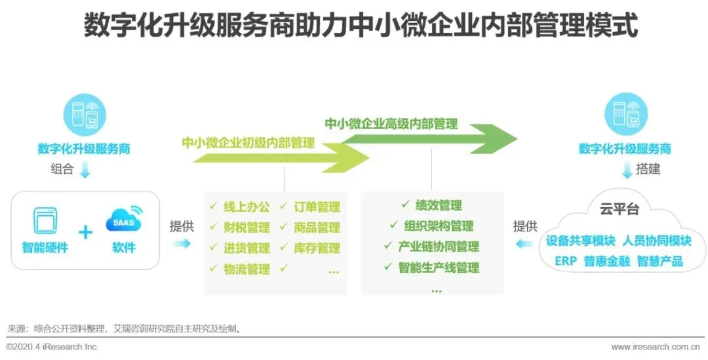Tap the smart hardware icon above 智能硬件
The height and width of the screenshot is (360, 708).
click(x=45, y=222)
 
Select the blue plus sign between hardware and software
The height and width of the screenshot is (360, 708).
click(x=85, y=232)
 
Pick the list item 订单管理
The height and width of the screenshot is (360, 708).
click(x=317, y=207)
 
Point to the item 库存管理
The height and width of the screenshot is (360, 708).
click(x=317, y=248)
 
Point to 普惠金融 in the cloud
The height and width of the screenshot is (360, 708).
click(x=606, y=261)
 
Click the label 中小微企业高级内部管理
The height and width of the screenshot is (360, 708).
click(x=391, y=123)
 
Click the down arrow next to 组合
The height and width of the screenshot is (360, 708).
click(x=85, y=170)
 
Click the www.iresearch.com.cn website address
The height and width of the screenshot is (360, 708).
click(x=659, y=347)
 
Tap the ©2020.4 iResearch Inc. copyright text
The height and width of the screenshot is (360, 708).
click(x=52, y=347)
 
